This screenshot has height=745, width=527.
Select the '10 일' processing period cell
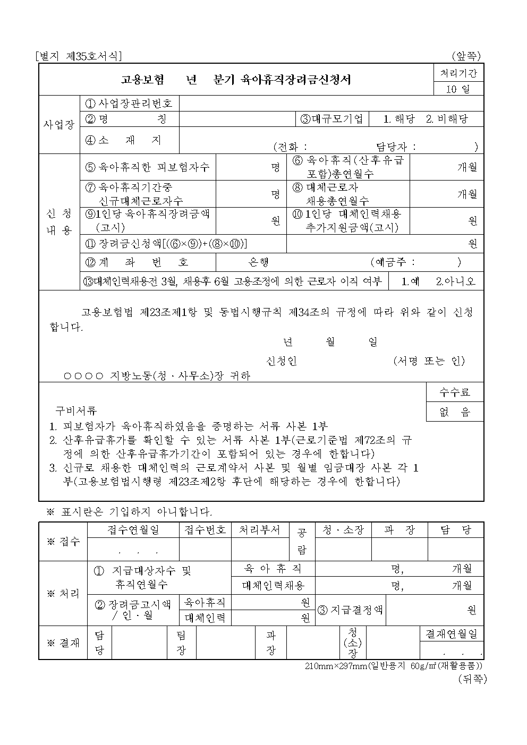coord(458,89)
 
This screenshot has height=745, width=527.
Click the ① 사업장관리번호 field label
coord(129,103)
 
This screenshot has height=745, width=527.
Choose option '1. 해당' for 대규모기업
coord(399,119)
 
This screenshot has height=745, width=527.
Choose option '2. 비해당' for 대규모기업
coord(447,119)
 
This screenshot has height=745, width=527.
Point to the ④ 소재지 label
coord(123,140)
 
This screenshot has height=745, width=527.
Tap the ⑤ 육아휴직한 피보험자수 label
coord(148,167)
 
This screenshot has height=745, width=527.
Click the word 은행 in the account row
coord(259,262)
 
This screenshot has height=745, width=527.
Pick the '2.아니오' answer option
coord(455,281)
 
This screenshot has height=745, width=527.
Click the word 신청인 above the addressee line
coord(282,361)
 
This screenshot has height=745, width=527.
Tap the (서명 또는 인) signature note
coord(429,361)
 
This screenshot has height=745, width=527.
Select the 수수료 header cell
coord(455,392)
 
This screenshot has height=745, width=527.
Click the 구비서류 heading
coord(76,410)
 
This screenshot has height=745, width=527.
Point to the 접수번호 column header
coord(205,530)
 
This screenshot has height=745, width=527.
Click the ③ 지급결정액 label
coord(351,610)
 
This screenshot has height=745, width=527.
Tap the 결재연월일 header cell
coord(452,633)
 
